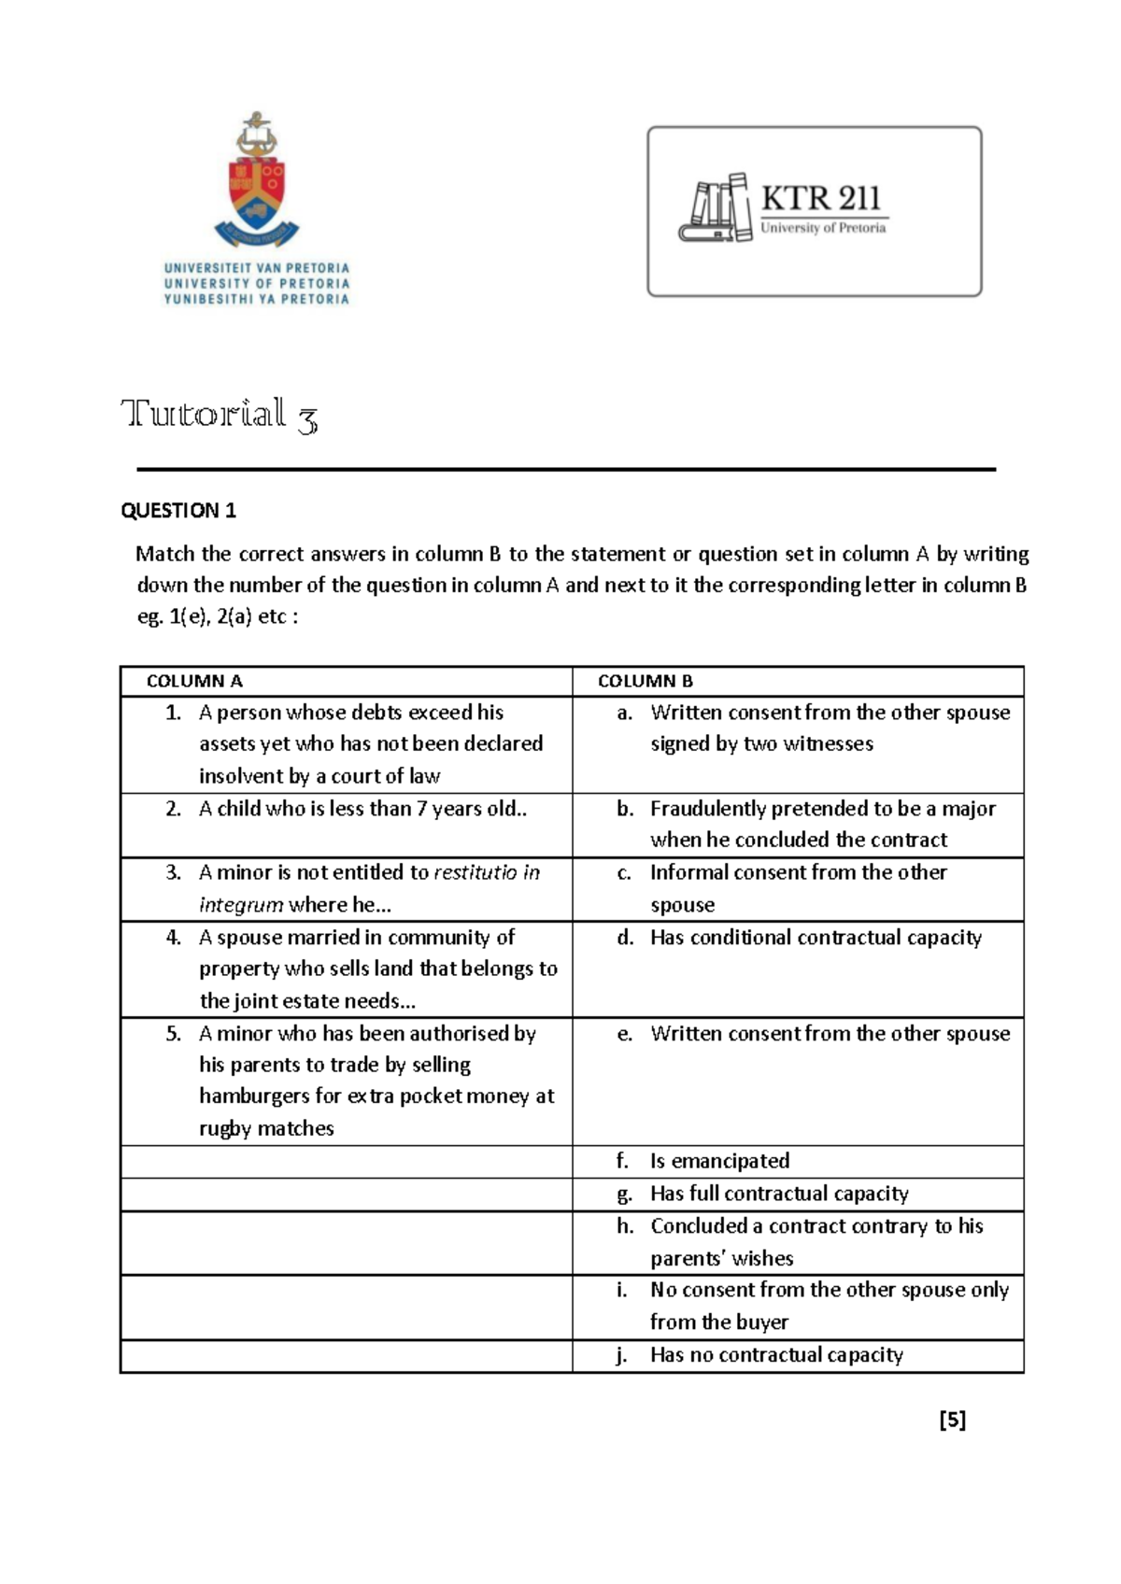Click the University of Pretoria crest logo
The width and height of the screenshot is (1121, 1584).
click(x=256, y=177)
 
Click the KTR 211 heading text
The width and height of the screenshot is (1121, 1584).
click(x=820, y=198)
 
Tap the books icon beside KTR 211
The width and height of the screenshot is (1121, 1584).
click(x=715, y=207)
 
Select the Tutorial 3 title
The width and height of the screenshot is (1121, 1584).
click(x=220, y=415)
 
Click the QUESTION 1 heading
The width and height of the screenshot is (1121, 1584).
click(x=178, y=510)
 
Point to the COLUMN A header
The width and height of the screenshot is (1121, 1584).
click(x=194, y=681)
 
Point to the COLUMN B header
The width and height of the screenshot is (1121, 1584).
click(x=645, y=681)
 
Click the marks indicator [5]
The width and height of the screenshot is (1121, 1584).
click(x=952, y=1420)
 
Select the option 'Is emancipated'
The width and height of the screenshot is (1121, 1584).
click(x=719, y=1161)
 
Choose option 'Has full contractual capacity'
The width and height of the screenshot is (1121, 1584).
click(x=779, y=1194)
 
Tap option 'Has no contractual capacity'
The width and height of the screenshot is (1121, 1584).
click(x=776, y=1355)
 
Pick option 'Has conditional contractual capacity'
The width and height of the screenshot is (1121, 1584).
click(x=816, y=938)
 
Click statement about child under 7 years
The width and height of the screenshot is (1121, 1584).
click(x=362, y=809)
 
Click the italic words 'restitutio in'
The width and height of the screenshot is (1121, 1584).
click(x=486, y=872)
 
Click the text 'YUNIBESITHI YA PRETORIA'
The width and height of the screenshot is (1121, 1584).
click(x=256, y=300)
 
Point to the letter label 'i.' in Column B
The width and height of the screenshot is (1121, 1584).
click(x=621, y=1291)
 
